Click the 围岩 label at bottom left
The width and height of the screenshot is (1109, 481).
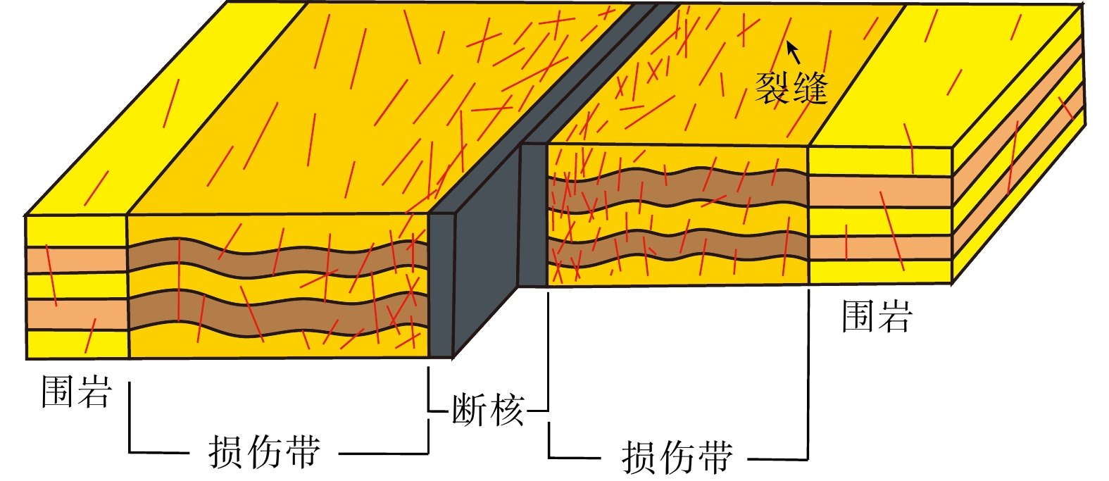(76, 392)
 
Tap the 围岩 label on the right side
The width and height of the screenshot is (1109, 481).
(877, 316)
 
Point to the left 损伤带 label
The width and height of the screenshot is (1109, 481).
(264, 452)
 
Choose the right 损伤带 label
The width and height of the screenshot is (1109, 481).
(677, 457)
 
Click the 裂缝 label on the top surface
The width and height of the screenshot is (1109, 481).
(791, 89)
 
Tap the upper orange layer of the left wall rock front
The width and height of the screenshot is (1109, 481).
(76, 260)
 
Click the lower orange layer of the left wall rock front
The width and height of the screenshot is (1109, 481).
(76, 313)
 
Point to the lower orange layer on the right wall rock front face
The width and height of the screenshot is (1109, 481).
(879, 248)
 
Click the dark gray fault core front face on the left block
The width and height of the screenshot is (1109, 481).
(440, 285)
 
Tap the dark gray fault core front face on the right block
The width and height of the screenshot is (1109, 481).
(533, 215)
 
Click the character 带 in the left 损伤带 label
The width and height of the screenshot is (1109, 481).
(303, 452)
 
